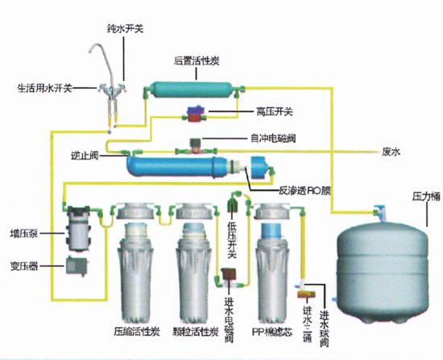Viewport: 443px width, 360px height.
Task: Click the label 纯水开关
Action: tap(125, 29)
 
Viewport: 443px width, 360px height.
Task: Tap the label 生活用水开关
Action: tap(44, 89)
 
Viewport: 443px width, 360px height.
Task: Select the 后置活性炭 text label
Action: tap(197, 61)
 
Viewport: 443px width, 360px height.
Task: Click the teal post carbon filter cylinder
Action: tap(192, 90)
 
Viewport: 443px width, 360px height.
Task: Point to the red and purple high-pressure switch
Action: tap(196, 114)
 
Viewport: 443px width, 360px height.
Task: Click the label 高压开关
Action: tap(274, 112)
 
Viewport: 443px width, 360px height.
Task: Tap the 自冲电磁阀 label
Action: tap(273, 139)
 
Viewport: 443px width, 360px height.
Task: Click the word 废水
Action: tap(391, 152)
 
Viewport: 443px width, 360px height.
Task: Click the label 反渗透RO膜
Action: tap(304, 191)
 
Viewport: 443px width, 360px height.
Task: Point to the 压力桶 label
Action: tap(426, 197)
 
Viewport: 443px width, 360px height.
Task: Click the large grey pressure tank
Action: tap(383, 272)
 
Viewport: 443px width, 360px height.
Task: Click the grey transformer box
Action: tap(77, 266)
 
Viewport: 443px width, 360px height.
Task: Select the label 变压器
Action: tap(24, 267)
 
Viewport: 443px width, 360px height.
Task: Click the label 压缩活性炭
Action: tap(137, 331)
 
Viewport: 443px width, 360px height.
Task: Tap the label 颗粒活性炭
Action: tap(196, 331)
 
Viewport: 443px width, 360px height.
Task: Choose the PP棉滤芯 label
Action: tap(272, 332)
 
